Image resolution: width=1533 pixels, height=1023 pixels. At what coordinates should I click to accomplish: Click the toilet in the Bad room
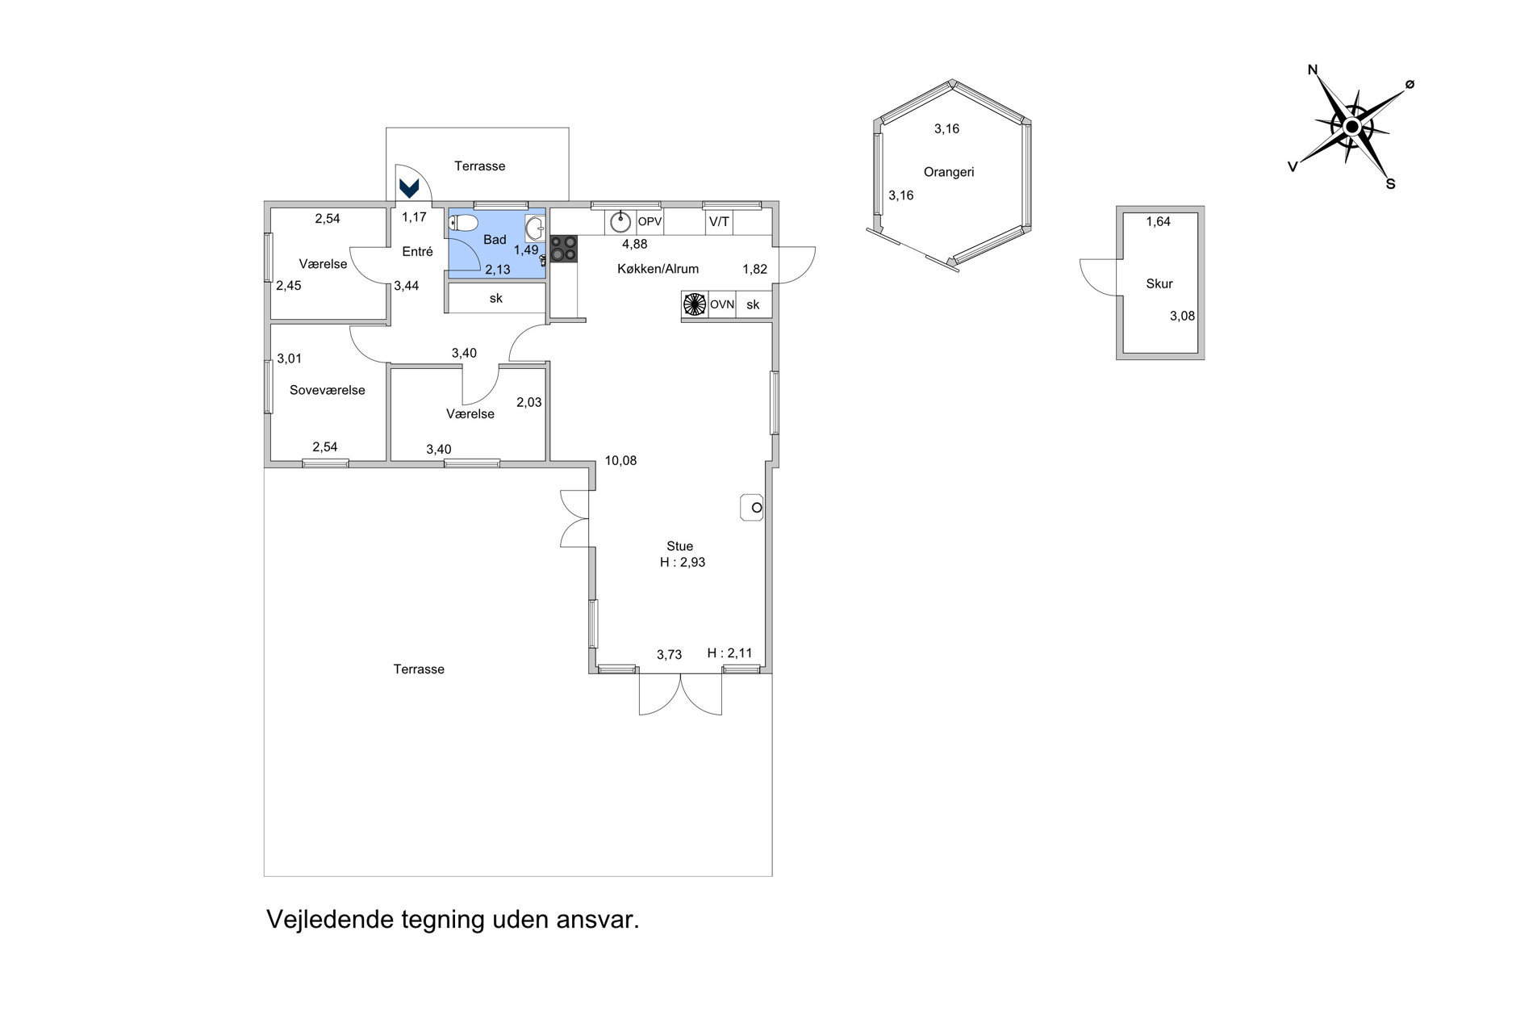464,223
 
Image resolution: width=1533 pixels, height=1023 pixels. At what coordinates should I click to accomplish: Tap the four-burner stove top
564,249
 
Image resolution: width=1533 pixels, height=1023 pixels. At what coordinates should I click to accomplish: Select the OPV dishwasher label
650,220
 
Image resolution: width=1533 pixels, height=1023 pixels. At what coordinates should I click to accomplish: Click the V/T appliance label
719,220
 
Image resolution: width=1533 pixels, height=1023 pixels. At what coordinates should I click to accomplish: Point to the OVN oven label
722,304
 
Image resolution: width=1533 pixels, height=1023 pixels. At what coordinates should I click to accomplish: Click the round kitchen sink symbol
620,220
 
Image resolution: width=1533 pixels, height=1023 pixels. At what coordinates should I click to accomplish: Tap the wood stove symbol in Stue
752,508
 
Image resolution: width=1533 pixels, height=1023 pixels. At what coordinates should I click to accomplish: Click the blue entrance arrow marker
410,188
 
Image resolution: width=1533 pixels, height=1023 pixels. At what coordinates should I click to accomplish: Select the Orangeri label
949,172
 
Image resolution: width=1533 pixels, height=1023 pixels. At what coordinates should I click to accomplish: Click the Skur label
1159,283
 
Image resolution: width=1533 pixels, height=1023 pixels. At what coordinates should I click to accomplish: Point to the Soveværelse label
328,390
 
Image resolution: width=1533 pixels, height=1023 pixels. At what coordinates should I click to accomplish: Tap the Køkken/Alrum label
658,269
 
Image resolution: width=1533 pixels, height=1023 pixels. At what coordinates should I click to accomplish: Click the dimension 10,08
621,461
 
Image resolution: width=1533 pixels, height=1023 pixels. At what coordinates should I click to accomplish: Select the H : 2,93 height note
683,563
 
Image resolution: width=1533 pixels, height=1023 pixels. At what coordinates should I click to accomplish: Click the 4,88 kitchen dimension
634,244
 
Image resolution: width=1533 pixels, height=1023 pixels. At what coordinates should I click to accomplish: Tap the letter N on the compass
1313,70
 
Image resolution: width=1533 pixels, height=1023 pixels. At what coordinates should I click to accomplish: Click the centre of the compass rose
1352,127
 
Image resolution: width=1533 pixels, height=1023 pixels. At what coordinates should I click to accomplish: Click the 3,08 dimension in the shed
1183,317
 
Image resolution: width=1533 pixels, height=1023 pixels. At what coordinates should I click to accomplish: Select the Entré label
417,251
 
